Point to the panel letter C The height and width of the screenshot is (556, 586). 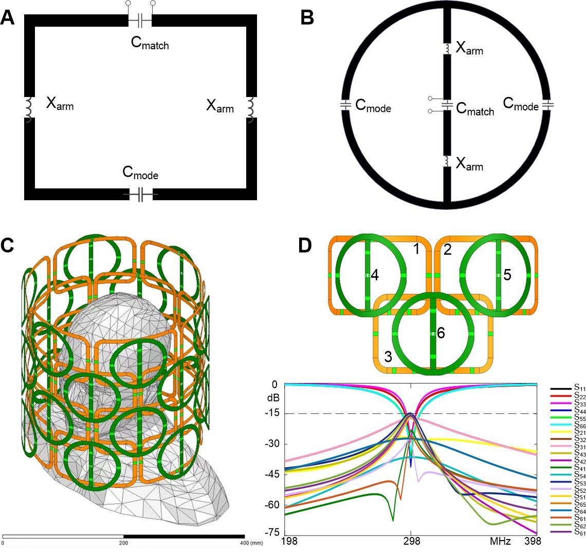[x=9, y=246]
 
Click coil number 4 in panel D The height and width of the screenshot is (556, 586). [x=375, y=276]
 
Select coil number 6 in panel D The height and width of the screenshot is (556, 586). [x=440, y=333]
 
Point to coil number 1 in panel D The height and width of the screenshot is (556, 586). [x=417, y=250]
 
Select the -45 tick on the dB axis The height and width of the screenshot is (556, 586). [x=277, y=474]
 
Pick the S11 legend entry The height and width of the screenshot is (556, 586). [x=567, y=390]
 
